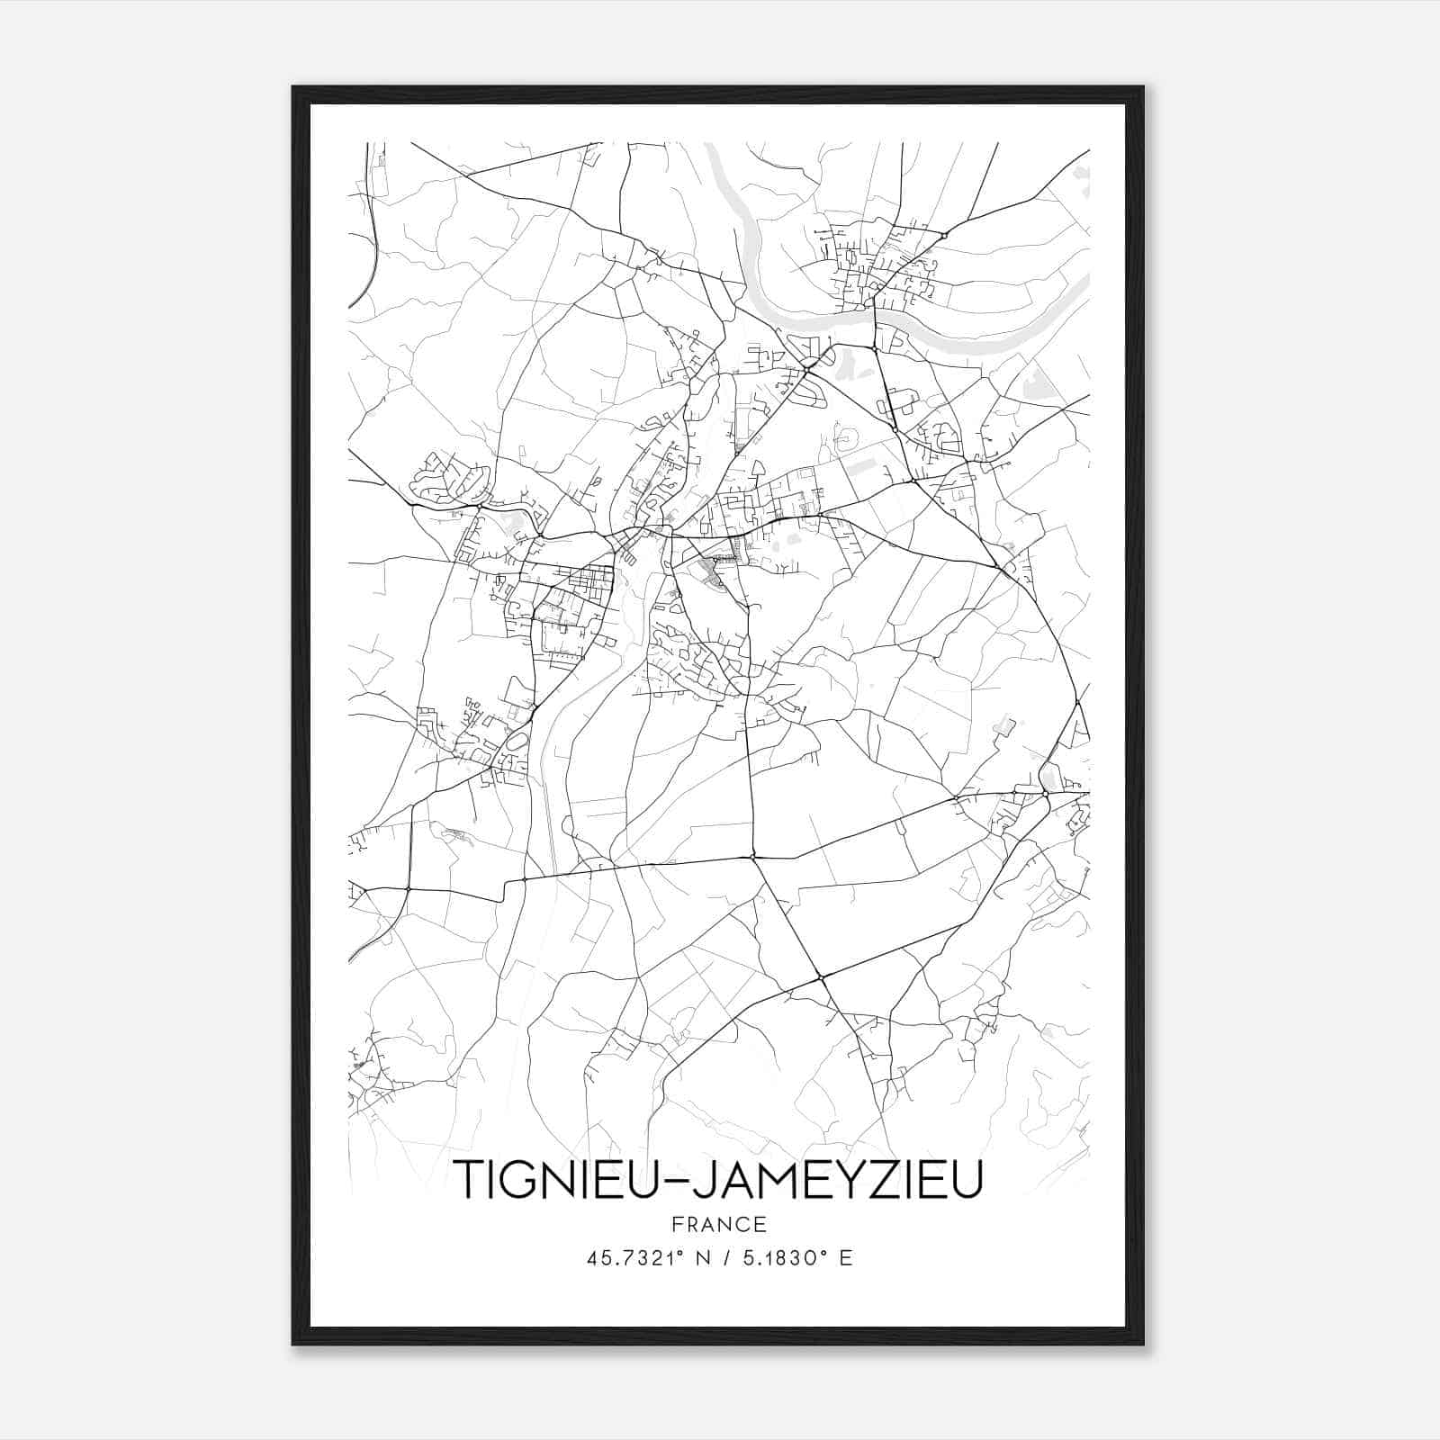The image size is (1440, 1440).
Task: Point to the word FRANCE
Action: coord(718,1224)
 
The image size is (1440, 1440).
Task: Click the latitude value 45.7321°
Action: coord(633,1258)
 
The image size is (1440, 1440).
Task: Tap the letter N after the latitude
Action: coord(703,1258)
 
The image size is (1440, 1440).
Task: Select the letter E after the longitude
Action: coord(845,1258)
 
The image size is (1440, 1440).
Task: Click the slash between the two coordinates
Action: coord(725,1258)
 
